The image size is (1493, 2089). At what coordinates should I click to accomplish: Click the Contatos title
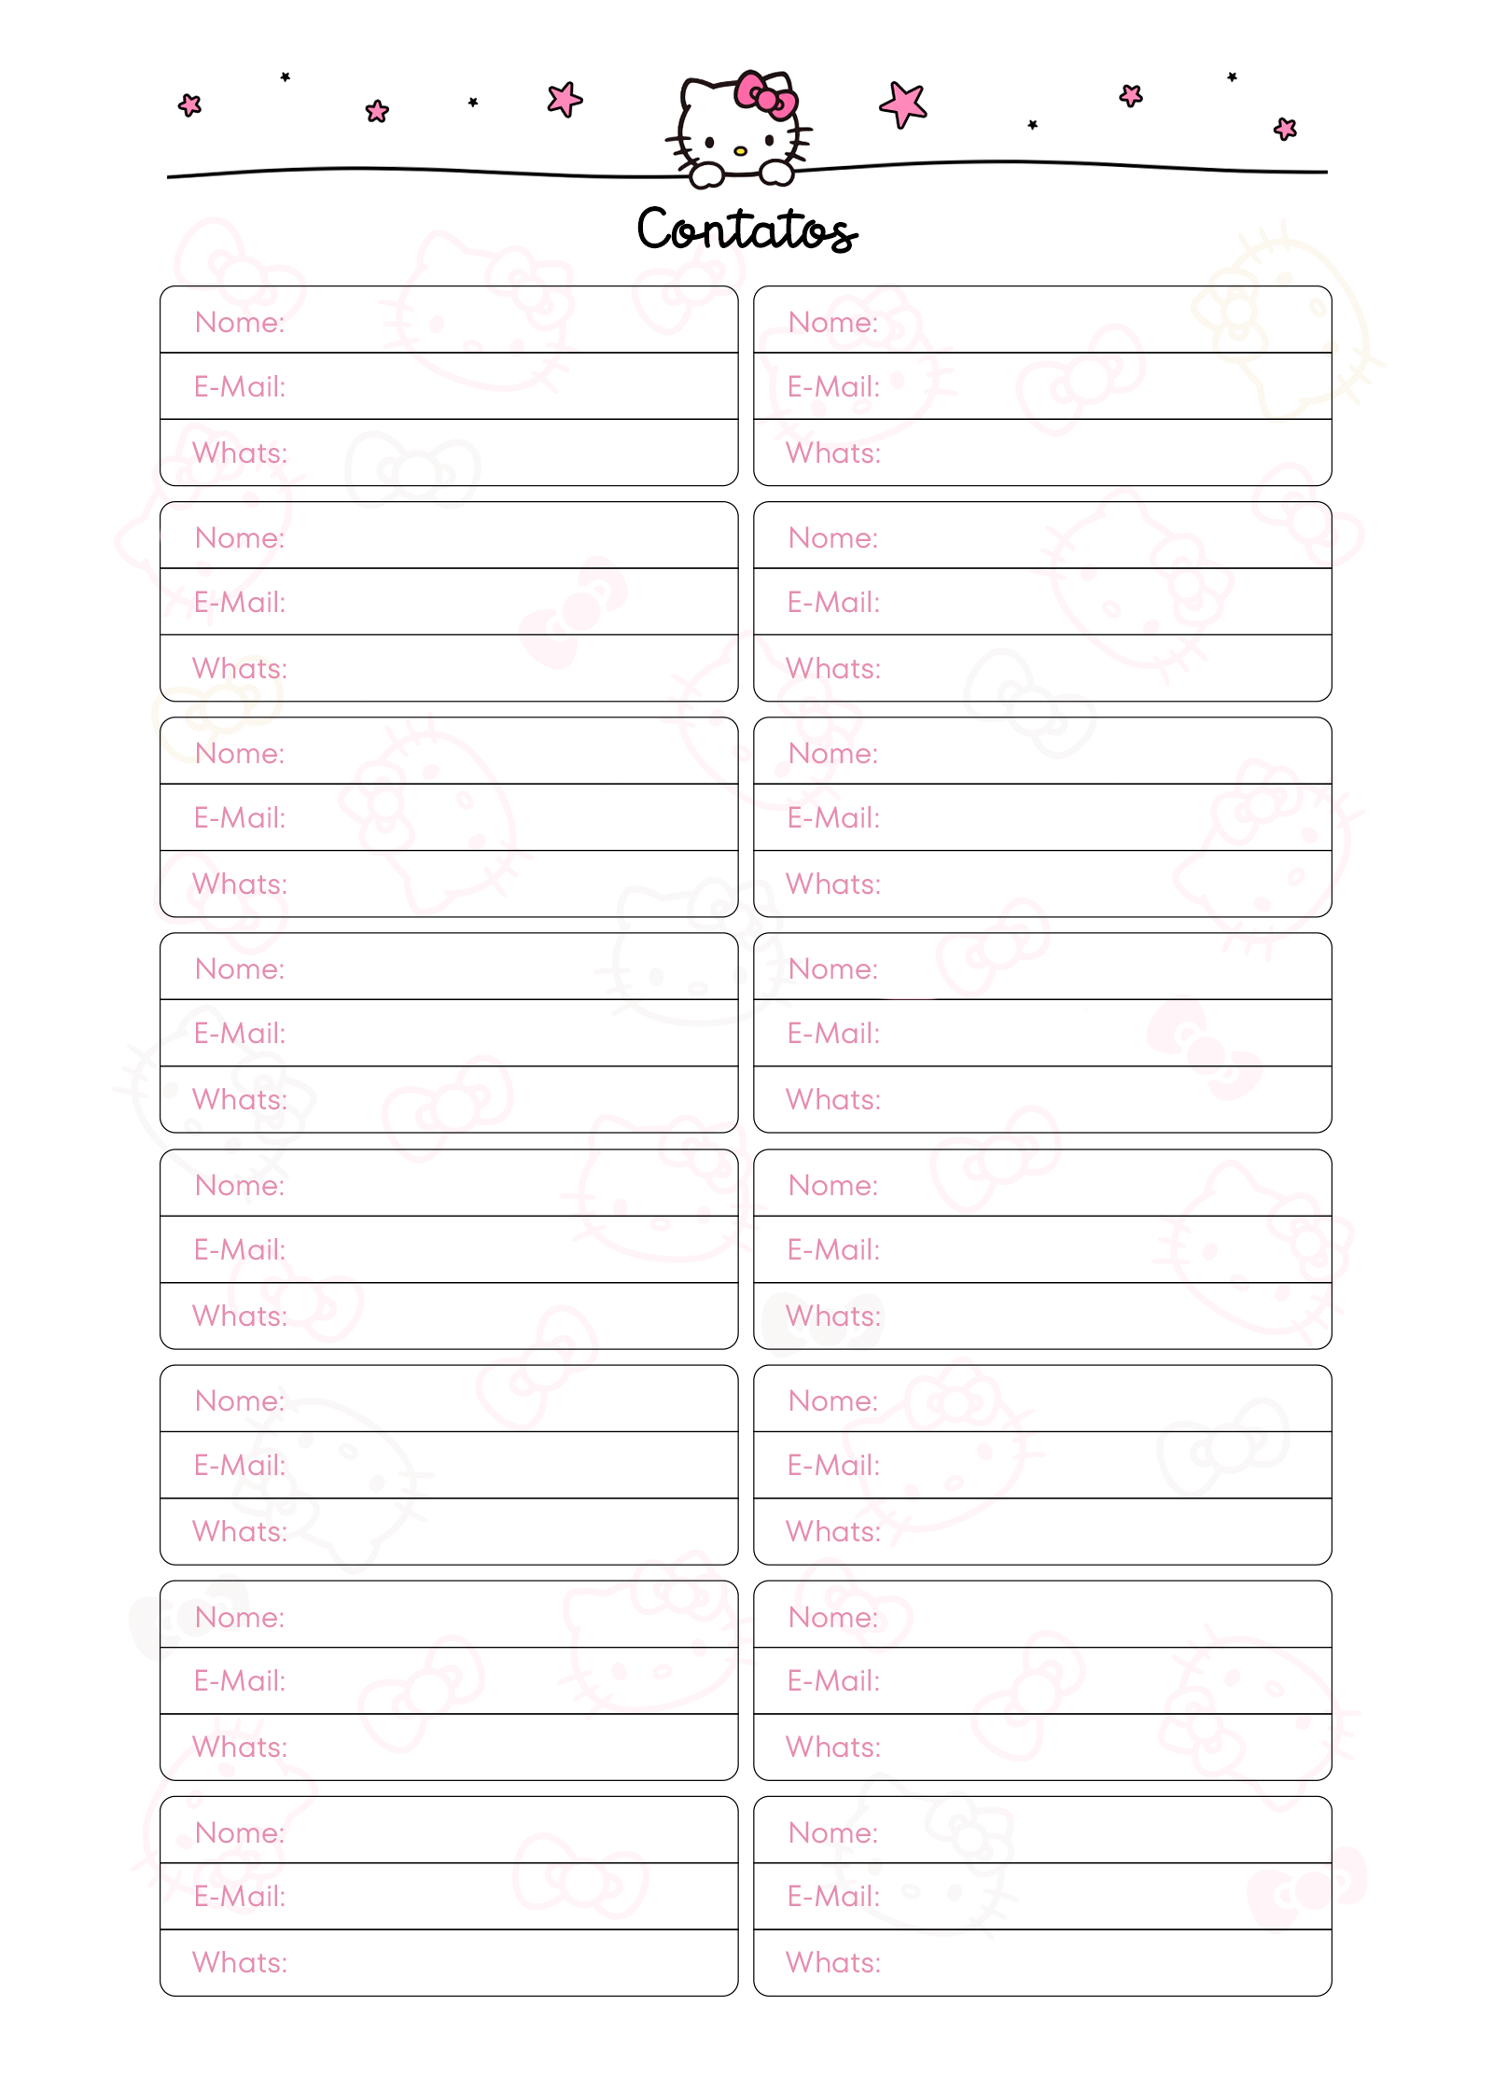[x=746, y=230]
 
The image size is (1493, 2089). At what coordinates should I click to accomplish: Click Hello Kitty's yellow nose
[x=740, y=150]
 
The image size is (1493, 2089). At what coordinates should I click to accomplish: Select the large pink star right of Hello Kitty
[x=903, y=104]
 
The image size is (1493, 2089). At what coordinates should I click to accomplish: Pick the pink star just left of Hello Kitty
[x=565, y=99]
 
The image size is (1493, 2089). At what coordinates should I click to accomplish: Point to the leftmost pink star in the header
[x=190, y=104]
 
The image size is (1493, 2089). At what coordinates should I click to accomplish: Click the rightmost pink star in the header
[x=1285, y=129]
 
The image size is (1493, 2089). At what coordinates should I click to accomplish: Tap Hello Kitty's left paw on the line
[x=706, y=174]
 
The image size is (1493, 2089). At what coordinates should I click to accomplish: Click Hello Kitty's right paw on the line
[x=776, y=172]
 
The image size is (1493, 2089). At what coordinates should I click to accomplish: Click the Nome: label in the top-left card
[x=240, y=323]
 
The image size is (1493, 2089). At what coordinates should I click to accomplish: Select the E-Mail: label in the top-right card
[x=833, y=387]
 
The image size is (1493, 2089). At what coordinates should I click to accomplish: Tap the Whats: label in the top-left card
[x=240, y=453]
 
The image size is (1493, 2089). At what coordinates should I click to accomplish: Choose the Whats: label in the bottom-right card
[x=833, y=1963]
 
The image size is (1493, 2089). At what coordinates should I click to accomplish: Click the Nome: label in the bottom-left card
[x=240, y=1833]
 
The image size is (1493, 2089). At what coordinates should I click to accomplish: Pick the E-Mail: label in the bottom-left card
[x=240, y=1897]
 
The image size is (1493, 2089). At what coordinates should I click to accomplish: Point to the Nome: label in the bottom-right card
[x=833, y=1833]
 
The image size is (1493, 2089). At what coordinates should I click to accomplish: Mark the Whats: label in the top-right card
[x=833, y=453]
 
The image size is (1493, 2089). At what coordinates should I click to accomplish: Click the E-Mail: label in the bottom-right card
[x=833, y=1897]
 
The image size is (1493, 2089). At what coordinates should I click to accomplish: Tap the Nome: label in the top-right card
[x=833, y=323]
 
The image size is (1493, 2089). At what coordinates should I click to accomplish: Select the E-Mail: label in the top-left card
[x=240, y=387]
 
